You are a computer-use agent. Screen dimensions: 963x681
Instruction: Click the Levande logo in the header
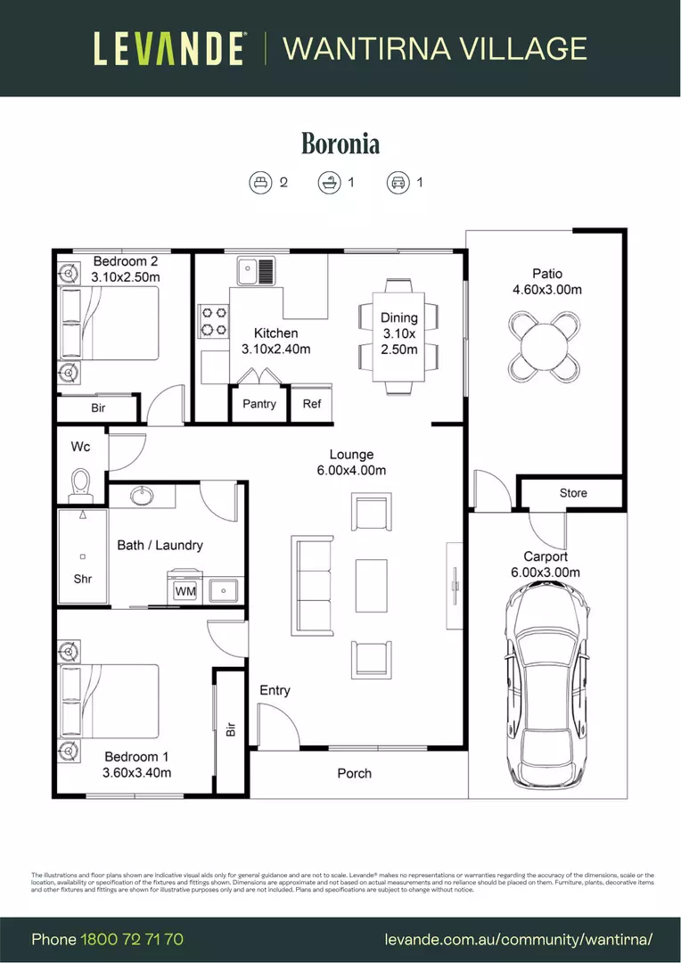169,48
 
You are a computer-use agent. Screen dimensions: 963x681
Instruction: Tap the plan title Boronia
340,143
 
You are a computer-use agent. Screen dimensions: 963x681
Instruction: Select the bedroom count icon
259,183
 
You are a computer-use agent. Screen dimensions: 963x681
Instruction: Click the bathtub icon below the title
328,183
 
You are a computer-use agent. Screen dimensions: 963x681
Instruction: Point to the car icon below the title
397,183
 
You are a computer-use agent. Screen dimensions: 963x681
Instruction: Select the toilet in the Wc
81,483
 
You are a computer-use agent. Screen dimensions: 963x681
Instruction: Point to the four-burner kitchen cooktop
214,322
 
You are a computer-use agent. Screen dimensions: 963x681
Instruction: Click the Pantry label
259,404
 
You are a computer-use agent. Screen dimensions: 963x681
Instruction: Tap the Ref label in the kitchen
311,404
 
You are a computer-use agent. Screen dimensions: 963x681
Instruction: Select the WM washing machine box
185,590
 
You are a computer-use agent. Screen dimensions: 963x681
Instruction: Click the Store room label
573,493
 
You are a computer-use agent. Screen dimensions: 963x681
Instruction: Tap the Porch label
354,773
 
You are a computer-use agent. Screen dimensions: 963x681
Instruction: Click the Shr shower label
83,579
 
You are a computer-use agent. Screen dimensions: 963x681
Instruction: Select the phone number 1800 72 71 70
132,940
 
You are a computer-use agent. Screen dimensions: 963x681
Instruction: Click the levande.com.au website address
519,940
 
